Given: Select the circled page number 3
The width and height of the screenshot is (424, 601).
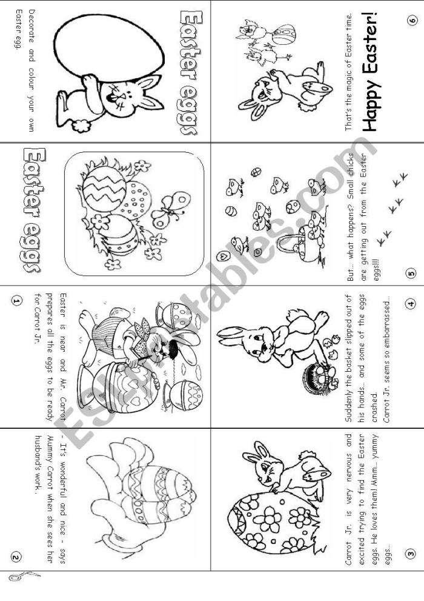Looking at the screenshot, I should (411, 552).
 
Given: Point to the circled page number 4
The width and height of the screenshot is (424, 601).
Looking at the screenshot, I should (411, 303).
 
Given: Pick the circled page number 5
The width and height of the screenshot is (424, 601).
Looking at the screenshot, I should (411, 273).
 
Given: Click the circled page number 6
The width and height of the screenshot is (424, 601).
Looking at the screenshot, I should (412, 21).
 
